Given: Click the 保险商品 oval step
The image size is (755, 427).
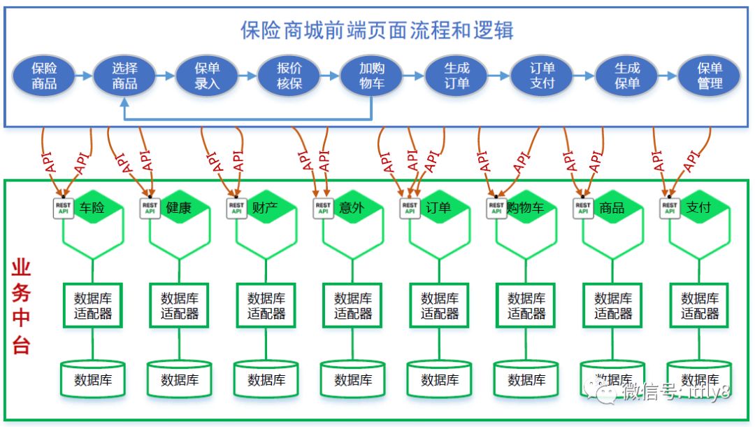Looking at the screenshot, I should click(x=44, y=76).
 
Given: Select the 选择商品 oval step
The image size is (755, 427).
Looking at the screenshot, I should click(x=124, y=76).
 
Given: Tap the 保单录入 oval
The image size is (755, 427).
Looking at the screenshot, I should click(x=207, y=76).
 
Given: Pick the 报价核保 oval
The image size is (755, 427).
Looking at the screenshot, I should click(x=289, y=76).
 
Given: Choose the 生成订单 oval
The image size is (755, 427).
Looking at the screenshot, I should click(x=456, y=76).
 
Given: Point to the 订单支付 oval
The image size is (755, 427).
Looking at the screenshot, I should click(x=542, y=76).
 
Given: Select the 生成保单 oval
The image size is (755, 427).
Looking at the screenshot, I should click(x=627, y=76).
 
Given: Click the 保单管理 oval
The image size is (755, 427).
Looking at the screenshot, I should click(x=710, y=76).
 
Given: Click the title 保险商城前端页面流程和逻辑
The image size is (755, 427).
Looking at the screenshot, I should click(x=377, y=31).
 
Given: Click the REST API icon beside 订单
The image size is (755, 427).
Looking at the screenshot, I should click(x=410, y=208).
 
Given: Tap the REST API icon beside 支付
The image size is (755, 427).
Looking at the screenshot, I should click(x=670, y=208).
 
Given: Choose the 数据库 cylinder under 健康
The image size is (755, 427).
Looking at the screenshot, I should click(x=180, y=380).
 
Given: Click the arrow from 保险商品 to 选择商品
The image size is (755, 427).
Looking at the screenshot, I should click(x=84, y=76).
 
